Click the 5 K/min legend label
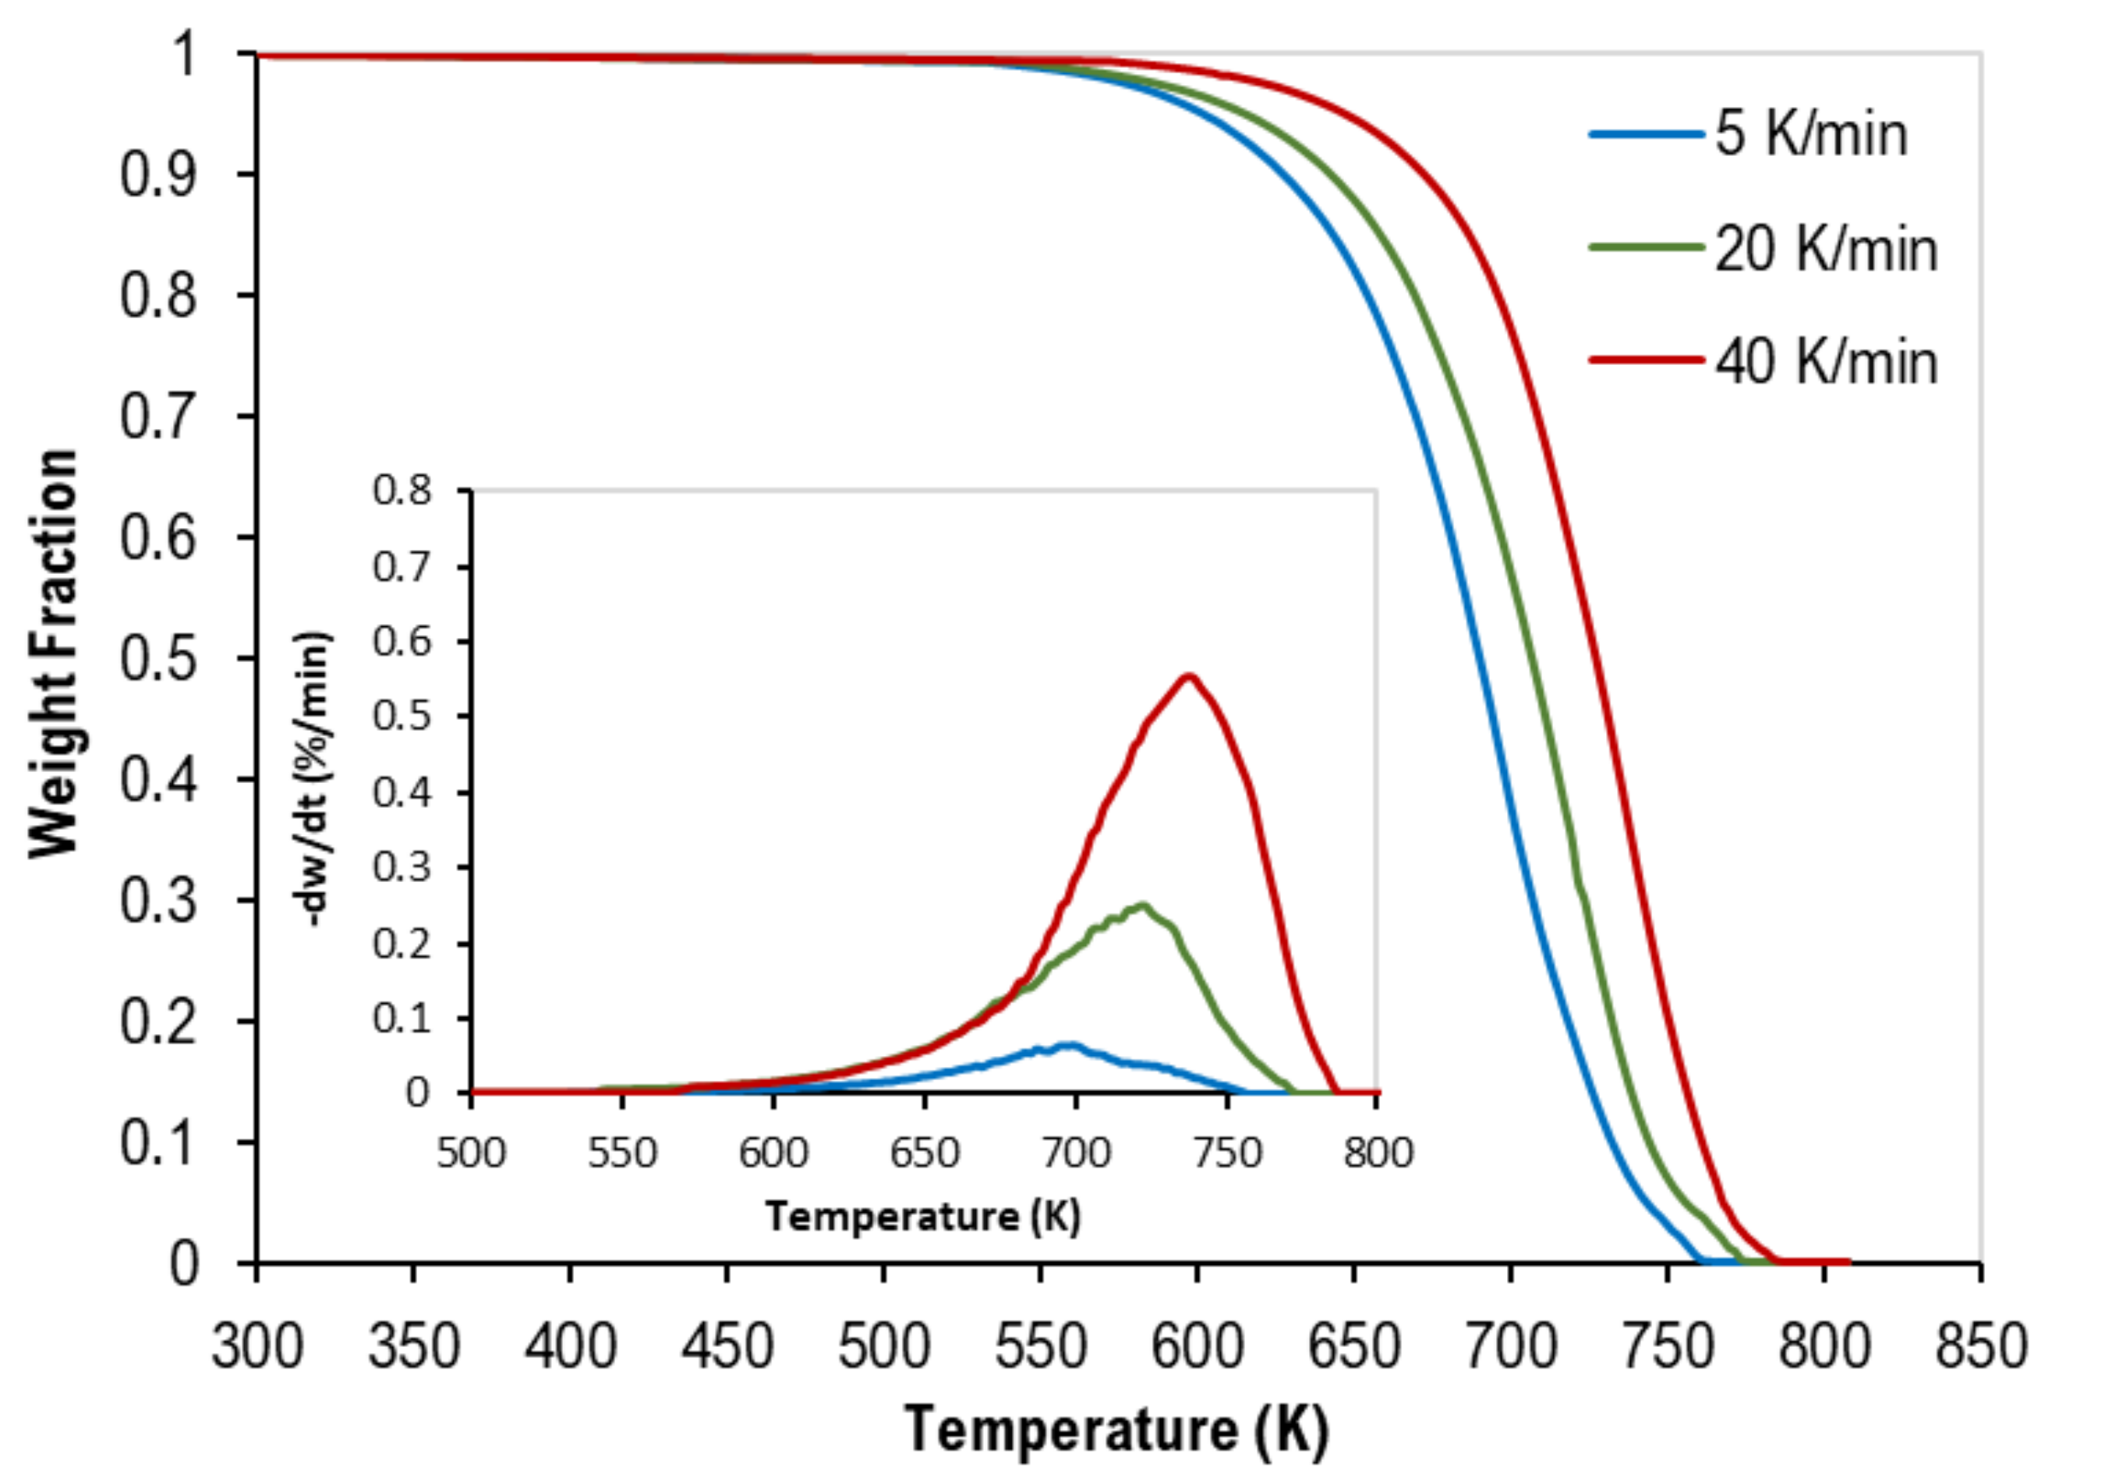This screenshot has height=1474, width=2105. click(x=1811, y=134)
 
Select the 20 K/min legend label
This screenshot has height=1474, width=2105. click(x=1825, y=249)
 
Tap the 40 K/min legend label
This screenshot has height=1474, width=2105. click(x=1825, y=361)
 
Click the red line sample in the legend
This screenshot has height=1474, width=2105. click(x=1646, y=360)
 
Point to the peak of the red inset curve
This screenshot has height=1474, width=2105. click(x=1188, y=676)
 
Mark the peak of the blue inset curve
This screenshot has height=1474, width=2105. click(x=1069, y=1045)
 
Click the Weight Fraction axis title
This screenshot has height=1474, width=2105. click(x=53, y=653)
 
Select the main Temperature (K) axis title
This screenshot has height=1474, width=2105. click(x=1116, y=1429)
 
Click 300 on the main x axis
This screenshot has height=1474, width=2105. click(x=256, y=1347)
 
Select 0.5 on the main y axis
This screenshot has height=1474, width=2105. click(x=157, y=658)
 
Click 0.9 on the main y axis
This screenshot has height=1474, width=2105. click(x=157, y=174)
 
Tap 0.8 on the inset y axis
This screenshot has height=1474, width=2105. click(x=401, y=491)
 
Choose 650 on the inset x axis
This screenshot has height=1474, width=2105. click(x=924, y=1152)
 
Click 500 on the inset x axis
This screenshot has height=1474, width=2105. click(x=471, y=1152)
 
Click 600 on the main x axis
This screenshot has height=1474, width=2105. click(x=1197, y=1347)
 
